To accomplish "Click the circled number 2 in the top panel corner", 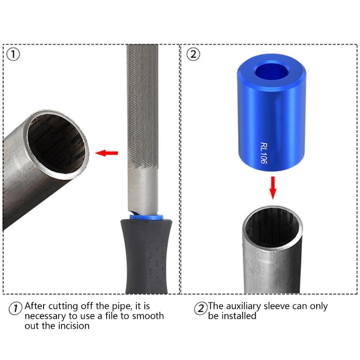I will [193, 54].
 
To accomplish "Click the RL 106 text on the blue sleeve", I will [264, 155].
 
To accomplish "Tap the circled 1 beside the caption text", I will [16, 309].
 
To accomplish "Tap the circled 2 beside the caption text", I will [200, 309].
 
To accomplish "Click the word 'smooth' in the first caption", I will [148, 316].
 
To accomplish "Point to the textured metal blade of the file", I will [142, 112].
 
